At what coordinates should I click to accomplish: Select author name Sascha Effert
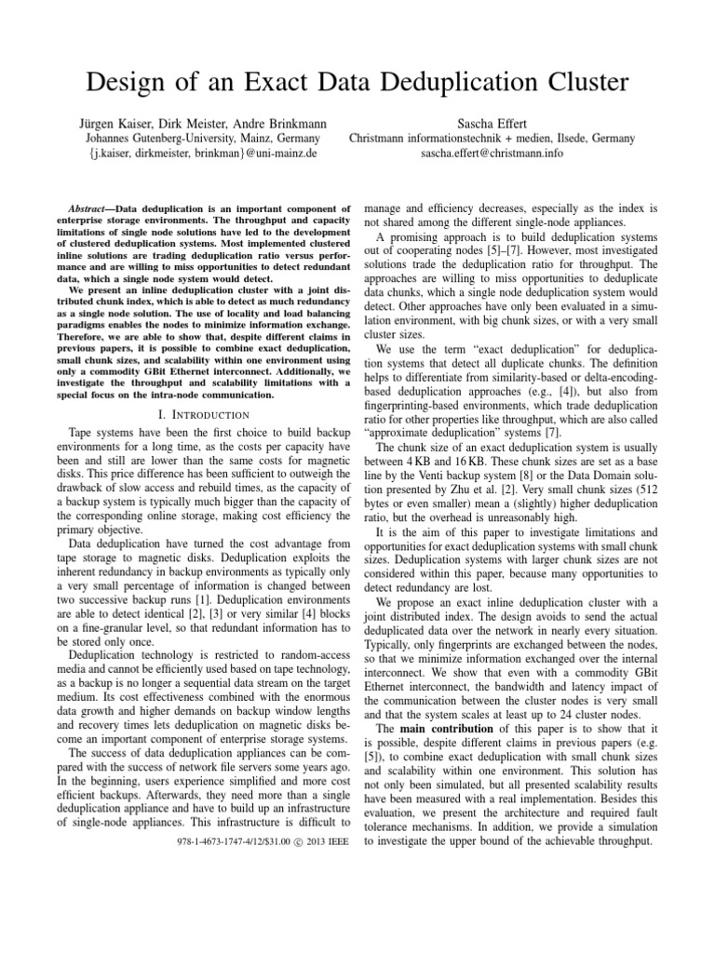(x=492, y=121)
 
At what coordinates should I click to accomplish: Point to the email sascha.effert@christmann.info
(x=492, y=154)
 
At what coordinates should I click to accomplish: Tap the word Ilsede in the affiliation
(x=557, y=138)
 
